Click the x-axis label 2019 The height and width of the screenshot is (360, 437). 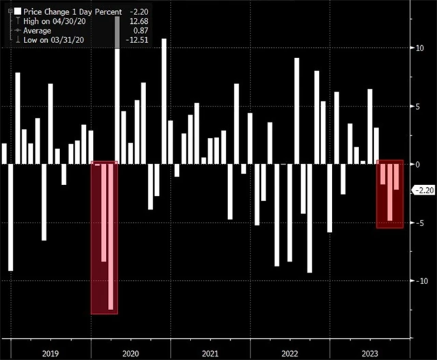(51, 353)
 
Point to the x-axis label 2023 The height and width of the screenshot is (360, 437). (369, 353)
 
